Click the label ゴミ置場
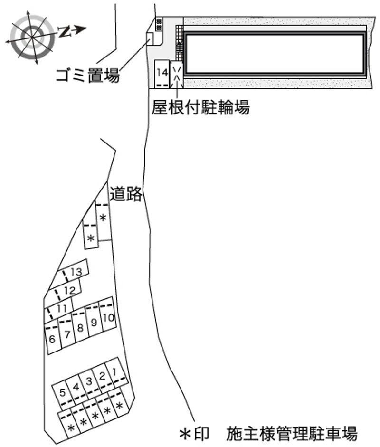[87, 75]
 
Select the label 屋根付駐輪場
[200, 108]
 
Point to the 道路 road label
[126, 194]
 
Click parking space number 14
[162, 73]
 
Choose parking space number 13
[76, 272]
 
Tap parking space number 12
[69, 289]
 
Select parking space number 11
[61, 308]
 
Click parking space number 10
[109, 317]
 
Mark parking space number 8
[80, 327]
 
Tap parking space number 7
[67, 333]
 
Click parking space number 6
[52, 339]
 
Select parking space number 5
[63, 392]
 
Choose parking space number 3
[88, 381]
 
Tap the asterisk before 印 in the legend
[184, 433]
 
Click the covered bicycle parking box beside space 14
[176, 74]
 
